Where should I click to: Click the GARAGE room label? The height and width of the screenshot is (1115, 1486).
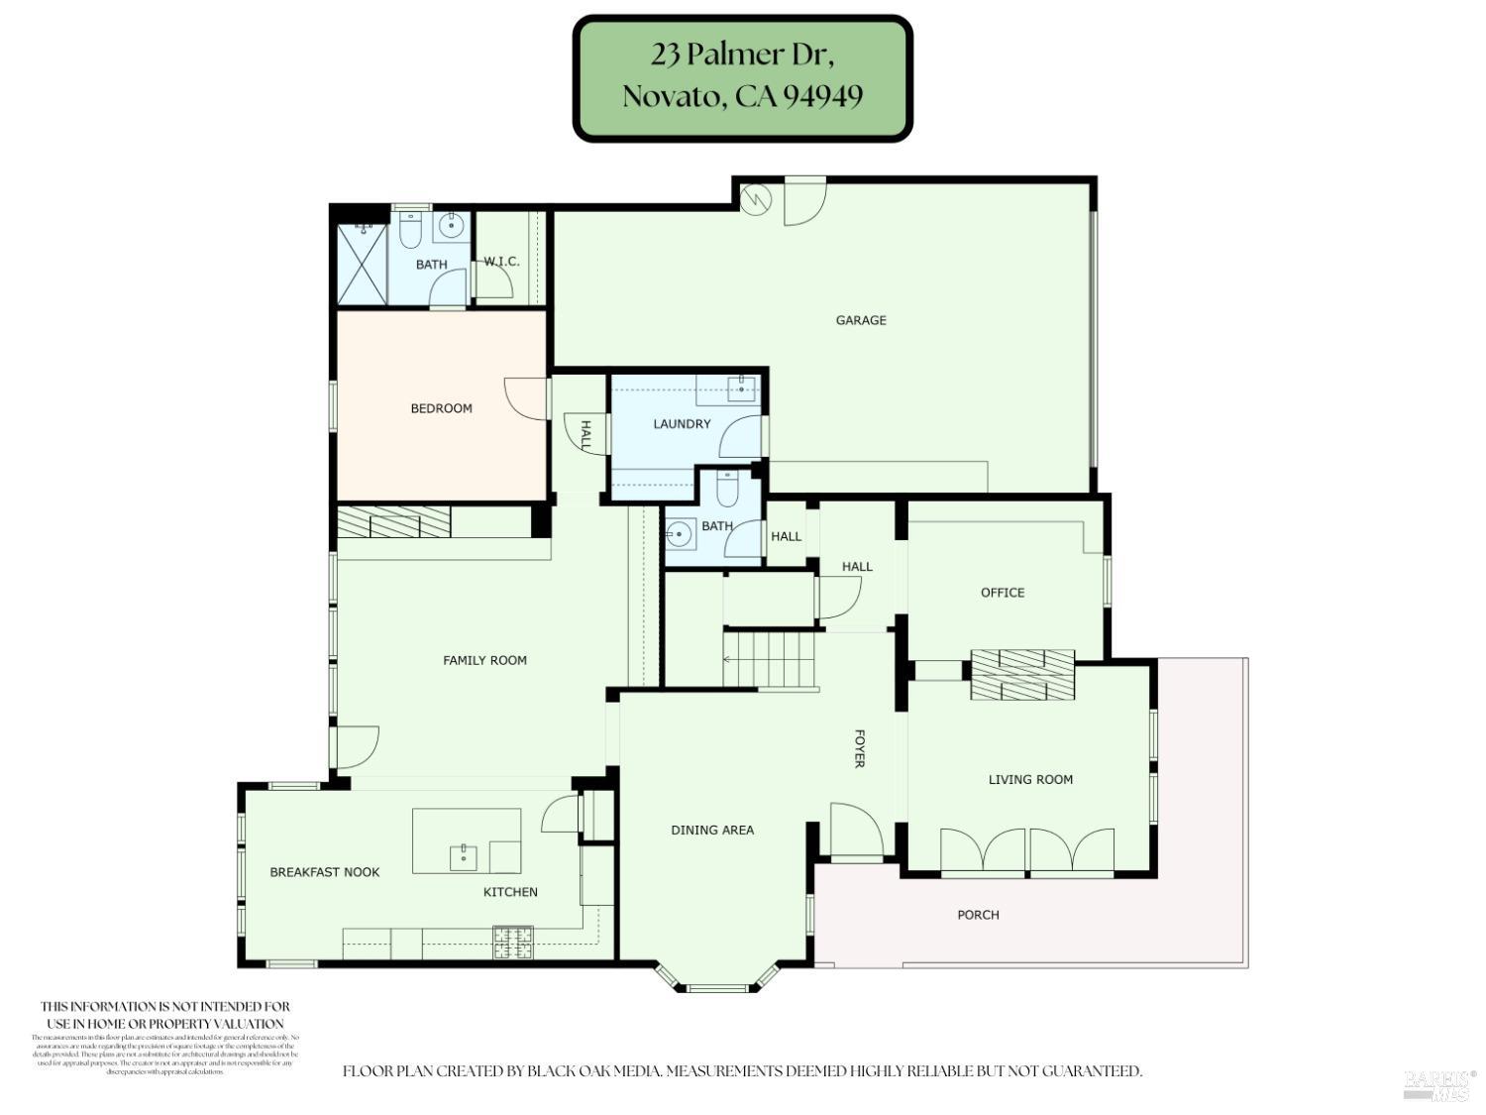tap(860, 320)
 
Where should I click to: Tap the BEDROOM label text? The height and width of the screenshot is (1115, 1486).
tap(441, 408)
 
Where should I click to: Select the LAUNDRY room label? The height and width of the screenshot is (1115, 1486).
tap(682, 424)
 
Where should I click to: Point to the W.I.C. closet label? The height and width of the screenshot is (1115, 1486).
tap(501, 262)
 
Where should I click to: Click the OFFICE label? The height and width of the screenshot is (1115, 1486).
tap(1002, 593)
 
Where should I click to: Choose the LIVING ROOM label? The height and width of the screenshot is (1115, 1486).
tap(1030, 780)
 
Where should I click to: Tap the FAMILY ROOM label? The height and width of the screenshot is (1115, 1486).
tap(484, 660)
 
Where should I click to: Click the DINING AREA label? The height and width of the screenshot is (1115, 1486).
tap(711, 831)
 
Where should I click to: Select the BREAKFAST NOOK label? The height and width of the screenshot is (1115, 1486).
tap(325, 872)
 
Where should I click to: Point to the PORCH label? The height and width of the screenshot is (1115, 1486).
tap(978, 915)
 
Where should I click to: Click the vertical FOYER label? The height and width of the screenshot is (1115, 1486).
tap(859, 748)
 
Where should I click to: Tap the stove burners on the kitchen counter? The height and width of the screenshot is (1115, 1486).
tap(513, 942)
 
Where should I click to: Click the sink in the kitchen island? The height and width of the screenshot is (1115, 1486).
tap(463, 855)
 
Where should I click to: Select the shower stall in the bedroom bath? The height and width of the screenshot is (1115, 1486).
tap(361, 265)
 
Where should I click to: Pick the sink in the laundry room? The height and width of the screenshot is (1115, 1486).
tap(741, 389)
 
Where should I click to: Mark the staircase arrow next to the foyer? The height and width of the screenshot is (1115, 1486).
tap(730, 659)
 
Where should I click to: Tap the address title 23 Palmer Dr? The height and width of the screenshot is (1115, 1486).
tap(742, 55)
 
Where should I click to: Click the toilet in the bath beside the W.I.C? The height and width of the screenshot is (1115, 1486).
tap(411, 232)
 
